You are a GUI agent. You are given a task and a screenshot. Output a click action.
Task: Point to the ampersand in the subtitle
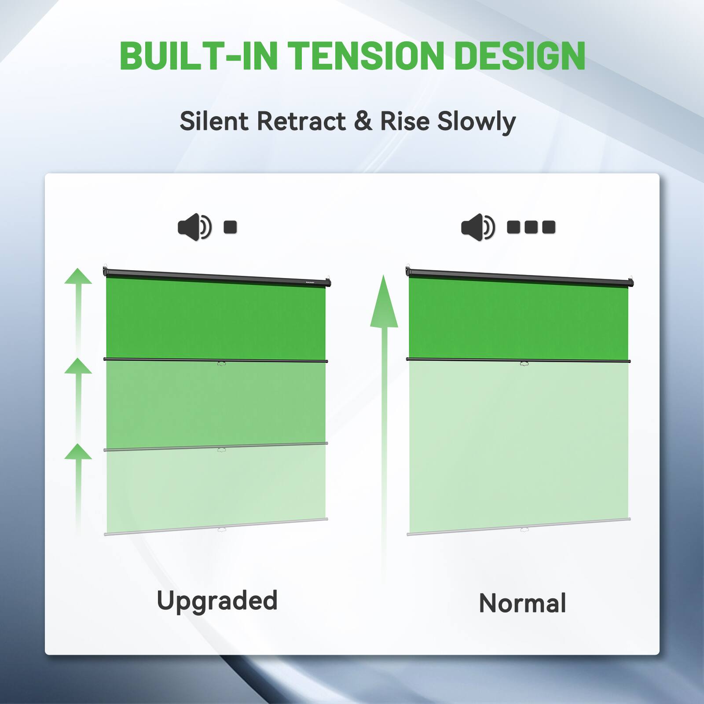click(363, 121)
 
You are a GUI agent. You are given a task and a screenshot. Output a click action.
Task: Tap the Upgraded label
click(217, 601)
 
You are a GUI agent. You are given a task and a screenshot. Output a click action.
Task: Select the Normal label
click(522, 603)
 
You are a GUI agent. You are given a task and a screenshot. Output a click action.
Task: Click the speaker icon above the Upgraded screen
click(194, 227)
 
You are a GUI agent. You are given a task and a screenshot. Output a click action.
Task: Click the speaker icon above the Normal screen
click(477, 227)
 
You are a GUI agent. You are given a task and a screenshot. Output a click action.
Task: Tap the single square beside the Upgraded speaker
click(230, 227)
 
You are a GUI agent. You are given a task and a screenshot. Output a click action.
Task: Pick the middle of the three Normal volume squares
click(531, 227)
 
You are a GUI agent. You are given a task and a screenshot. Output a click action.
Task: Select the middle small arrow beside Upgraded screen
click(78, 366)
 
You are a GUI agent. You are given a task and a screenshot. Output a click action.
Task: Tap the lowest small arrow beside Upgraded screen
click(78, 452)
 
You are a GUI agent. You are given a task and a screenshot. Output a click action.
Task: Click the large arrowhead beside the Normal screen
click(384, 304)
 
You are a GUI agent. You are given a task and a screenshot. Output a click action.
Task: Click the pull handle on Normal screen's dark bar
click(524, 363)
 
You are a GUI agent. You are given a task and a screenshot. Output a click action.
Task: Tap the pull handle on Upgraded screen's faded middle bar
click(221, 450)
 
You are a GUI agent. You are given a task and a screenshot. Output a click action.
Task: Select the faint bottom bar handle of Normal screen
click(524, 529)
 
